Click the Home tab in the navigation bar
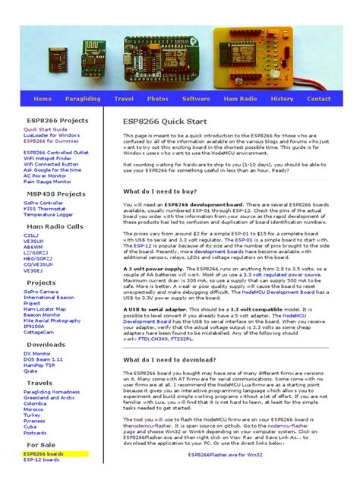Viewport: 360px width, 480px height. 43,99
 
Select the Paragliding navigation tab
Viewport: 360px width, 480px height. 81,99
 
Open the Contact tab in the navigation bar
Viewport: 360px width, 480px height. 318,99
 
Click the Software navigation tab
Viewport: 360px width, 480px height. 196,99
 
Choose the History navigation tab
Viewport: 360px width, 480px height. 282,99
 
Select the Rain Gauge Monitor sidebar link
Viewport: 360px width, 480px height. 48,182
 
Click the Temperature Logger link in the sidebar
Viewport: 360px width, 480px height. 49,214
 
